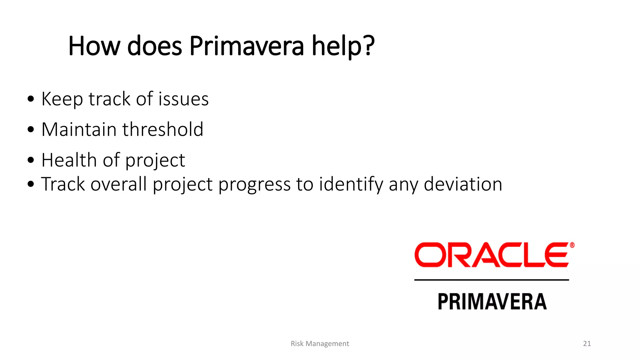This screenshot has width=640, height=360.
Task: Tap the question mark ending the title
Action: click(369, 46)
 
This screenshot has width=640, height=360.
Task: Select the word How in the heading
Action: click(94, 46)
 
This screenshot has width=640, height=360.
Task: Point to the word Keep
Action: click(62, 100)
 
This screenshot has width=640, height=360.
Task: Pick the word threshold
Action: click(163, 129)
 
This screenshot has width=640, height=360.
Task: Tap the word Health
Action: click(69, 160)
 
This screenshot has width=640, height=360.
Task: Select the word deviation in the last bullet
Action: click(463, 184)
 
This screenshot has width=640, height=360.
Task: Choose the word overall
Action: click(118, 184)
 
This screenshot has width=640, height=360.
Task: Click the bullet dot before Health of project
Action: click(31, 161)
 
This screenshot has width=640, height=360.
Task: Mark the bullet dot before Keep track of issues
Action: click(31, 99)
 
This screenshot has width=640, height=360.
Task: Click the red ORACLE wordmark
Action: click(491, 255)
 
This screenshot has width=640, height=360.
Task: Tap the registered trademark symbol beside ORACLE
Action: click(572, 245)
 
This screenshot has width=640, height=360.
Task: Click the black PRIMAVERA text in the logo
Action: click(492, 302)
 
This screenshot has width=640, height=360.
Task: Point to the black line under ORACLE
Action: click(491, 280)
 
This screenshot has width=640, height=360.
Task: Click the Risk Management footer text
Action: click(320, 343)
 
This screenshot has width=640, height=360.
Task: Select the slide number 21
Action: click(587, 343)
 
